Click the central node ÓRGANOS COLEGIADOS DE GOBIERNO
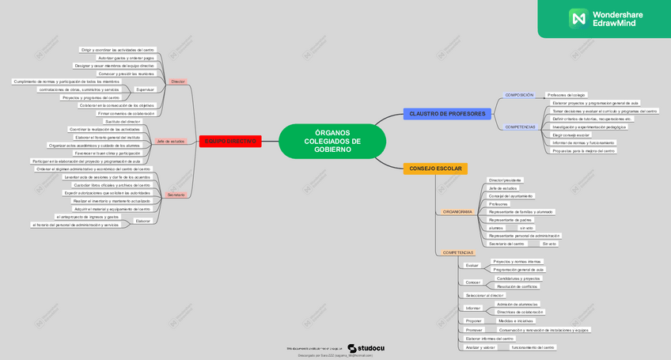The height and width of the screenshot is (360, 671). (x=332, y=142)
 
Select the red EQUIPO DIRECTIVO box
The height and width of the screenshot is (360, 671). (x=230, y=141)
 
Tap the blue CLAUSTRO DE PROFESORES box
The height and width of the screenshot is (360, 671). (x=447, y=114)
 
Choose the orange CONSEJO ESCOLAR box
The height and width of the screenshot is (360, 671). (x=435, y=169)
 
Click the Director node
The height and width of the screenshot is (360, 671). (x=178, y=81)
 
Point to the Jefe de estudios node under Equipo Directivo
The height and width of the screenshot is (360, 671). (x=170, y=141)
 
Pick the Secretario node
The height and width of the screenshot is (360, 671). (x=176, y=194)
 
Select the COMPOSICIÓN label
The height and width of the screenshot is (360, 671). (x=519, y=95)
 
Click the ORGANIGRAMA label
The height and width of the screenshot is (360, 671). (x=457, y=212)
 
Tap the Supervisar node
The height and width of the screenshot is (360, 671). (x=145, y=89)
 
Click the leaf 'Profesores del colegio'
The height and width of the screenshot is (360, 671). (x=567, y=95)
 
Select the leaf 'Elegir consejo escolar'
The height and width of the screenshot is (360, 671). (x=571, y=135)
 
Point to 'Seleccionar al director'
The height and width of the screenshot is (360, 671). (x=484, y=295)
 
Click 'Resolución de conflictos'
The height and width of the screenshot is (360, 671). (x=517, y=286)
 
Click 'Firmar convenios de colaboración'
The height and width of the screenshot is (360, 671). (x=126, y=113)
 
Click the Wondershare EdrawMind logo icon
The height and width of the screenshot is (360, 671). (x=578, y=17)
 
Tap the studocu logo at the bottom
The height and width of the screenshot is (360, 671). (x=366, y=347)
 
